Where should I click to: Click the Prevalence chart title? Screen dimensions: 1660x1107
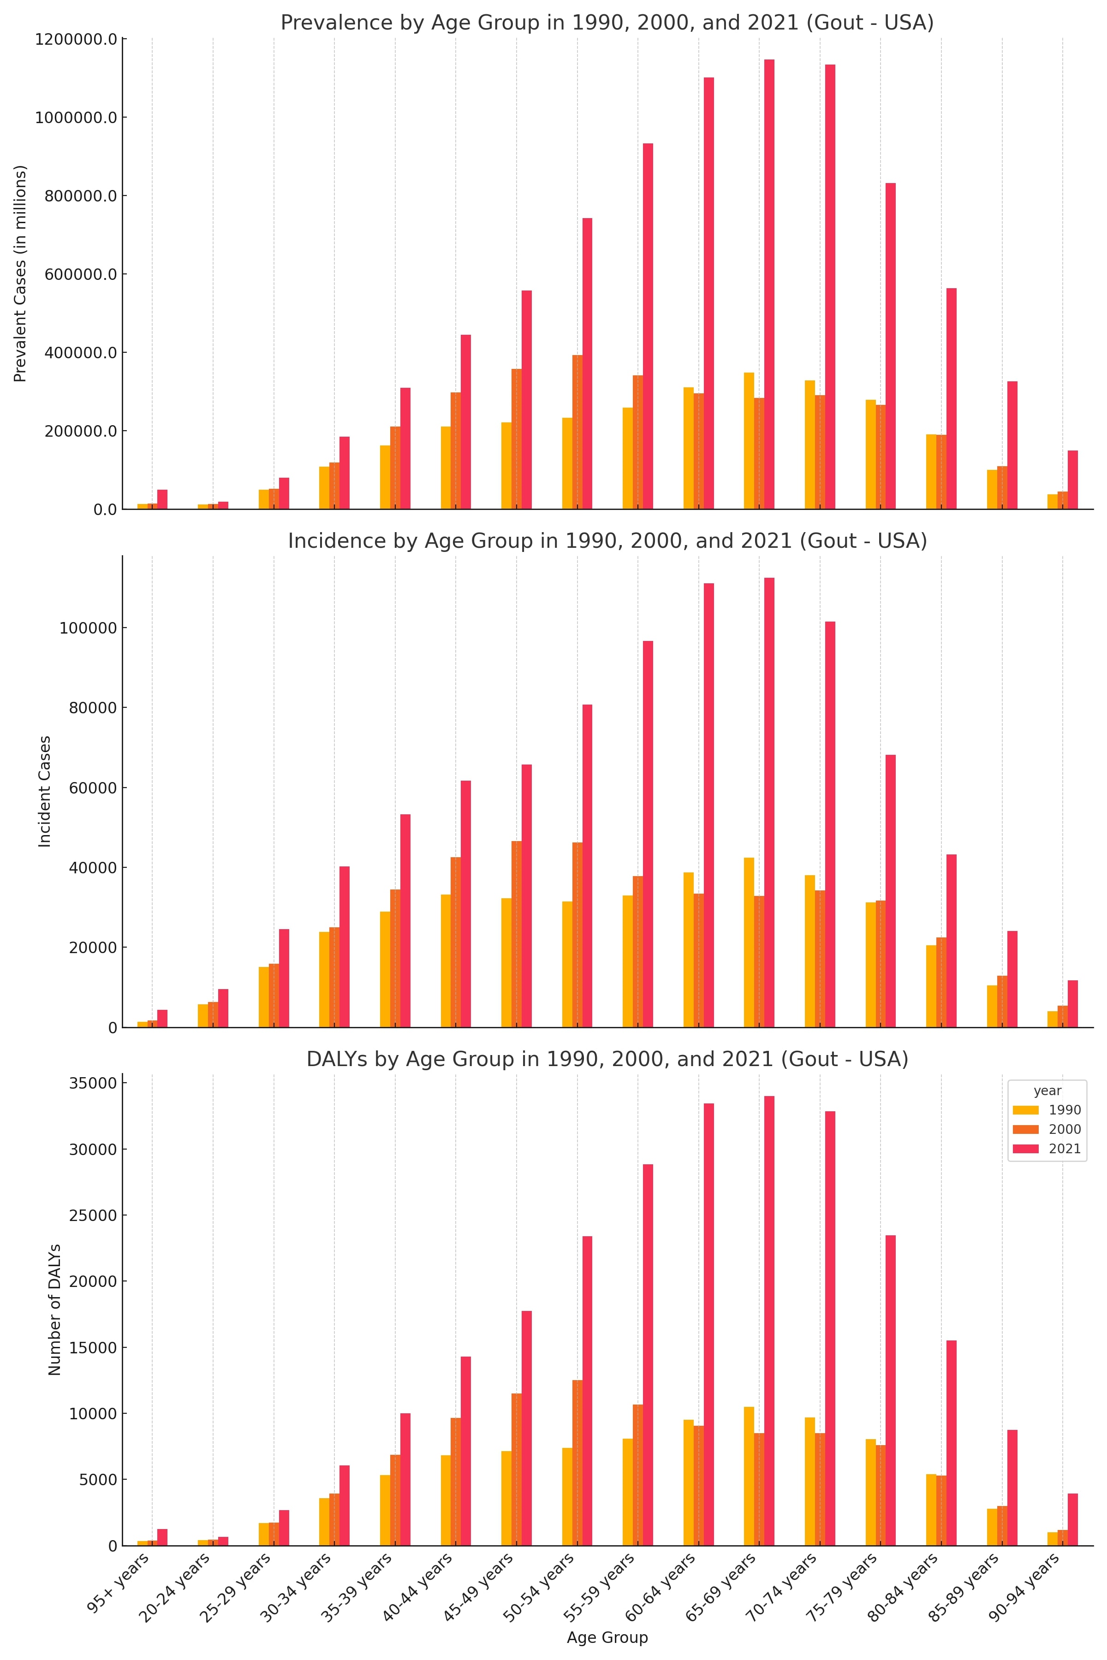pyautogui.click(x=607, y=24)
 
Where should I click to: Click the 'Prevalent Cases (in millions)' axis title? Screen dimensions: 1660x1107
pyautogui.click(x=20, y=274)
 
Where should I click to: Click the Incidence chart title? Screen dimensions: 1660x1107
pyautogui.click(x=607, y=541)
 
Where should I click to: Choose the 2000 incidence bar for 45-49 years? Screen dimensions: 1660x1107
pyautogui.click(x=517, y=934)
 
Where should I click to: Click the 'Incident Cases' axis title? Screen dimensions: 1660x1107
pyautogui.click(x=44, y=791)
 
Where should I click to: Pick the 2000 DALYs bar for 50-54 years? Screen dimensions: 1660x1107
pyautogui.click(x=577, y=1462)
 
